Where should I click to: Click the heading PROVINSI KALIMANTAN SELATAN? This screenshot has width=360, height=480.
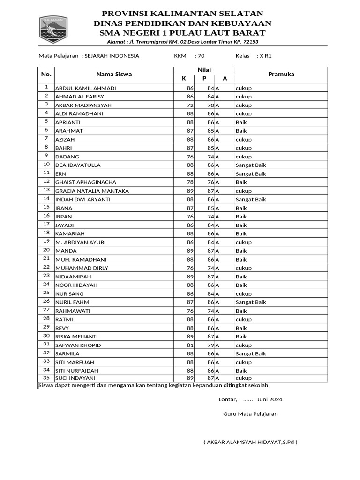[182, 14]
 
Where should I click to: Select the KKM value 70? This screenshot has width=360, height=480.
[201, 56]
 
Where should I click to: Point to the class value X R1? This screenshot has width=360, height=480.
[266, 56]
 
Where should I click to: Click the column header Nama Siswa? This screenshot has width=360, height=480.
[114, 74]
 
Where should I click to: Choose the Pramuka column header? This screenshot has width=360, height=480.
[281, 74]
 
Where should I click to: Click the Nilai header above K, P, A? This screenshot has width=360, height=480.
[204, 70]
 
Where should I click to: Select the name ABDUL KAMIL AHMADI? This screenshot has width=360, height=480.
[86, 88]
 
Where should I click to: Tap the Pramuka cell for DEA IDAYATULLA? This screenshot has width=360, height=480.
[250, 165]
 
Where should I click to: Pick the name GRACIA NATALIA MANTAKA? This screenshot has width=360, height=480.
[92, 191]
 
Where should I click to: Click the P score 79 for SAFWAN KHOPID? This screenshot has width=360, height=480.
[210, 345]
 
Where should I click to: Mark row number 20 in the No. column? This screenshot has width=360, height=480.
[46, 250]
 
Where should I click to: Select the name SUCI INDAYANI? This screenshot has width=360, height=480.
[75, 378]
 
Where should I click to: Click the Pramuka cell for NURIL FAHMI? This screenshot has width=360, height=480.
[250, 302]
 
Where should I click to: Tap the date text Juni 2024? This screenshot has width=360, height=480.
[270, 400]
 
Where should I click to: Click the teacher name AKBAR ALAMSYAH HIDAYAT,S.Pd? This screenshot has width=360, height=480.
[250, 442]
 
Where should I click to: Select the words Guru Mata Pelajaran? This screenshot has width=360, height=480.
[250, 414]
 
